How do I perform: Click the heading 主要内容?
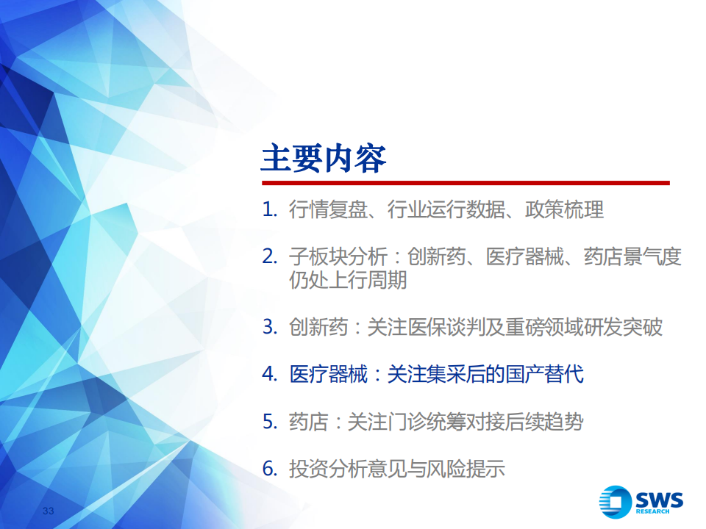324,159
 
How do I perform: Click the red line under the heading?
466,183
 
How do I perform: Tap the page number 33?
49,511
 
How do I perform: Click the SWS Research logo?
641,502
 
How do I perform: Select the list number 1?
269,209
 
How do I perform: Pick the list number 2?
269,257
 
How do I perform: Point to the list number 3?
269,327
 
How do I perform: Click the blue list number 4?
269,374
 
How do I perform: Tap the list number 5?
269,422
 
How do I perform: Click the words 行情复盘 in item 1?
328,209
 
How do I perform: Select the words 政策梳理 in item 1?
564,209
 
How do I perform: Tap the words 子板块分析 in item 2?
338,257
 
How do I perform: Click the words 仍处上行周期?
348,280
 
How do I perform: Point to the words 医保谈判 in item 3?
446,327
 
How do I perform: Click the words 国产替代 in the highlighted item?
544,374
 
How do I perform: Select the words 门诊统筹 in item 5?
427,422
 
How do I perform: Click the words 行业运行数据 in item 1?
446,209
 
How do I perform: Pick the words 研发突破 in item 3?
623,327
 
